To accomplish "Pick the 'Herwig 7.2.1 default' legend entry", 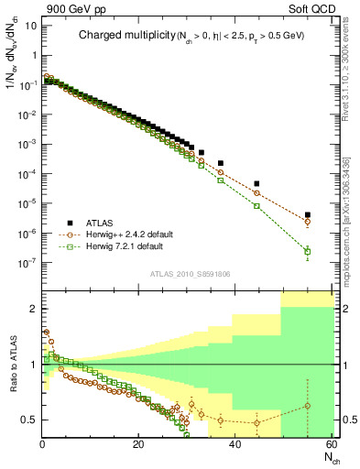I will pos(125,246).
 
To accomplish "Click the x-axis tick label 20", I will pos(138,445).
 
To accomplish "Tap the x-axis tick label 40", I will pos(235,445).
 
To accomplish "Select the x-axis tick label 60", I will pos(330,445).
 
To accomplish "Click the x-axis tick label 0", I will pos(42,445).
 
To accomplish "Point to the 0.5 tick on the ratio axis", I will pos(29,420).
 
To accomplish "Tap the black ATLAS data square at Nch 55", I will pos(307,215).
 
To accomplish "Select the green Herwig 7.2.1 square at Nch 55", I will pos(307,251).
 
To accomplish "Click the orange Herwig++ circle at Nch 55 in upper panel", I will pos(307,222).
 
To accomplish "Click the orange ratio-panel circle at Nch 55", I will pos(307,406).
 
